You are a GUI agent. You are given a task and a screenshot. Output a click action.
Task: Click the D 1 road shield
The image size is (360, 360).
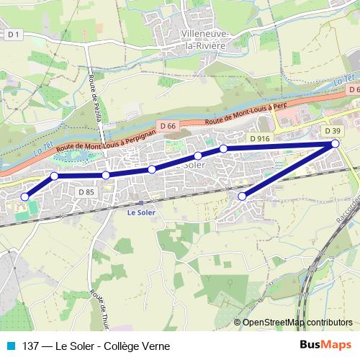[x=14, y=34]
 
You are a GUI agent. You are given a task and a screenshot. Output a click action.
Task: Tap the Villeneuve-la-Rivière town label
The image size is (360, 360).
[x=204, y=40]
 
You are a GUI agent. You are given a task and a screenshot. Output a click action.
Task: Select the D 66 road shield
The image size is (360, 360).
[x=168, y=126]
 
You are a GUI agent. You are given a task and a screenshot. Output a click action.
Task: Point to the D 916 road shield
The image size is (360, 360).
[x=259, y=138]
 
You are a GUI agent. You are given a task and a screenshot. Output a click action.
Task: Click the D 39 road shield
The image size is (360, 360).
[x=332, y=131]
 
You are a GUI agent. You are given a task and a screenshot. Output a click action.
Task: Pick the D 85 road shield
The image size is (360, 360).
[x=86, y=192]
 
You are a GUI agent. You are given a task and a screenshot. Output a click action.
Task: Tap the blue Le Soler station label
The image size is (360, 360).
[x=141, y=213]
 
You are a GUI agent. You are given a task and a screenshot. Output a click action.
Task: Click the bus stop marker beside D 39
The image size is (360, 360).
[x=336, y=145]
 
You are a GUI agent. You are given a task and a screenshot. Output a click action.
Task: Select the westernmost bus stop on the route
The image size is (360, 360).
[x=25, y=197]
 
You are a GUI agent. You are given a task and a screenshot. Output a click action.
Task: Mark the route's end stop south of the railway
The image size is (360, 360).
[x=242, y=196]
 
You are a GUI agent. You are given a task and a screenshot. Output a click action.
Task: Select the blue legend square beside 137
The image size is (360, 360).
[x=10, y=346]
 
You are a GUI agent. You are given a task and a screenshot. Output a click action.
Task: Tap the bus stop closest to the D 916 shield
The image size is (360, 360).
[x=224, y=148]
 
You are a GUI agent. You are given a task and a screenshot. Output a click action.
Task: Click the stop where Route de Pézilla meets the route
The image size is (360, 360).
[x=106, y=175]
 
